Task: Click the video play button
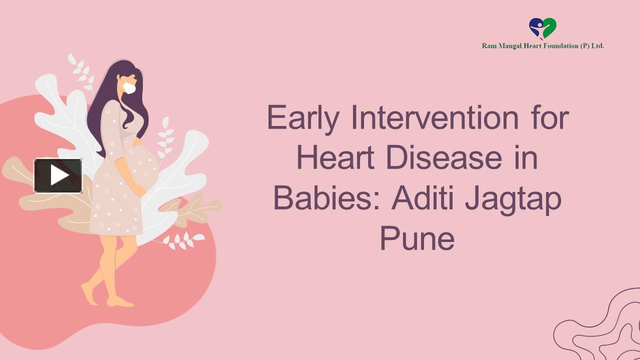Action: click(x=58, y=175)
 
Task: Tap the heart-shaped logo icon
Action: click(x=542, y=28)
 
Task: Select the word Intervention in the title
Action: click(x=435, y=118)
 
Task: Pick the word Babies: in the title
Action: click(x=327, y=198)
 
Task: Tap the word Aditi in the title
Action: click(x=423, y=198)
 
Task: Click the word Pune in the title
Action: click(x=417, y=238)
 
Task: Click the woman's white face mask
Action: click(x=129, y=88)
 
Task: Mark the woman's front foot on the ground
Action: click(x=120, y=301)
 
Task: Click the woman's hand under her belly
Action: click(x=139, y=190)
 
